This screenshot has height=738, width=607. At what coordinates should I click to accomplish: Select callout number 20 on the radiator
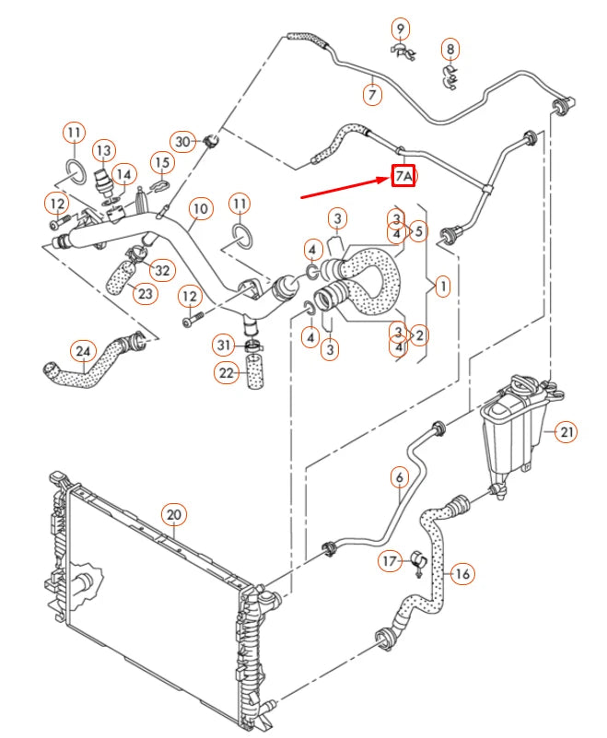coord(173,514)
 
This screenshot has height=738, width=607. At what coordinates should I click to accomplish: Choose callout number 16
coord(462,573)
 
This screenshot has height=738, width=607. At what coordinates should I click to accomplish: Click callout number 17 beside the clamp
coord(391,559)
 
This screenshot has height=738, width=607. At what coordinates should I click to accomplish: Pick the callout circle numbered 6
coord(399,477)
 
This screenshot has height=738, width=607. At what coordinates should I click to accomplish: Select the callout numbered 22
coord(226,372)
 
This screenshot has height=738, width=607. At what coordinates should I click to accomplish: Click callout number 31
coord(224,345)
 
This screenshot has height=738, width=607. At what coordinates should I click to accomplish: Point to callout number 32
coord(162,270)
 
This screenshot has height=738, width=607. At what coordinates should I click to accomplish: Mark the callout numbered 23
coord(145,293)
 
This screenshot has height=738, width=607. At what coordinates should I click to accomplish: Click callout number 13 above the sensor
coord(103,149)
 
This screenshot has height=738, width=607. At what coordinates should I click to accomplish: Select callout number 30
coord(183,141)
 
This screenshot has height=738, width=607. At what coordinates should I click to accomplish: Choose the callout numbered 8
coord(449,48)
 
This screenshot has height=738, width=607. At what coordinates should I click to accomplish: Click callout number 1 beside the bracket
coord(442,287)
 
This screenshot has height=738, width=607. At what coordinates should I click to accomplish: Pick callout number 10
coord(200,209)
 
